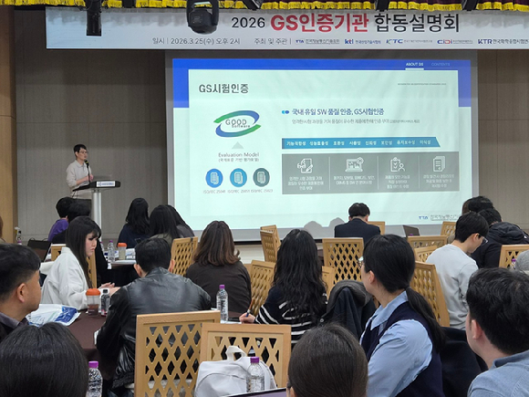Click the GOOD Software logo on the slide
(x=237, y=123)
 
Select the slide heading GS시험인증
(x=223, y=89)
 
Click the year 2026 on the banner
(x=248, y=22)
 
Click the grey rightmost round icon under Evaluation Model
(x=261, y=177)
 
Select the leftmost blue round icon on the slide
(x=214, y=177)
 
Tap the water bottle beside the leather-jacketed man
(x=222, y=302)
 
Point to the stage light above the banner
(x=202, y=16)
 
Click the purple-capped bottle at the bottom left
(x=94, y=379)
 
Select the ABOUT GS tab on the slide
(x=414, y=65)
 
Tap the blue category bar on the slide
(x=359, y=142)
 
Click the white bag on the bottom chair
(x=224, y=374)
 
